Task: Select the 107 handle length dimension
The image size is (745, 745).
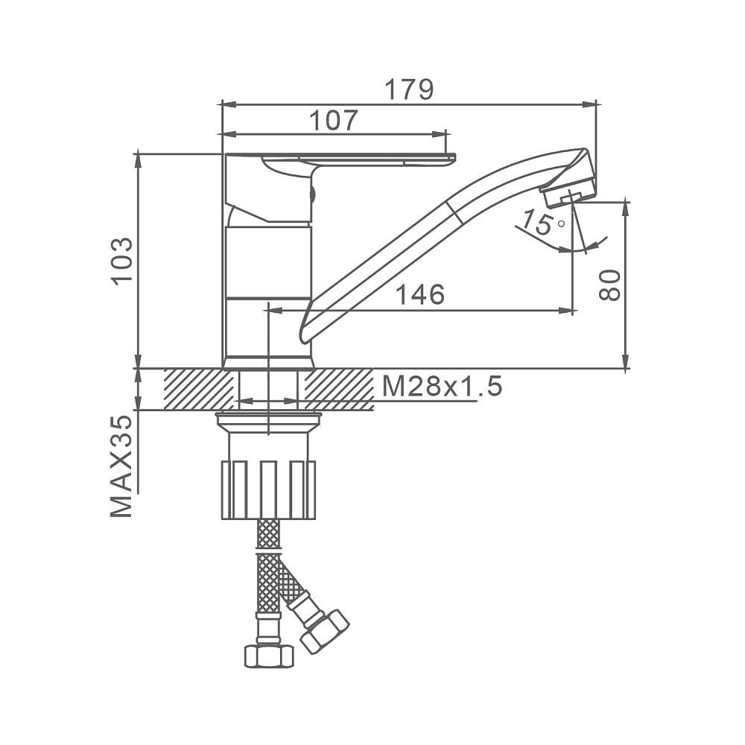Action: click(x=333, y=120)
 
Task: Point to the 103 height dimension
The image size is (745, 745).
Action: click(x=123, y=261)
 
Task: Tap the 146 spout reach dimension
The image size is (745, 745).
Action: click(x=420, y=294)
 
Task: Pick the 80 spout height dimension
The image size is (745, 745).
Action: click(x=609, y=285)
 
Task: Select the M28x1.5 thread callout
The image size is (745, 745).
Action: click(x=442, y=386)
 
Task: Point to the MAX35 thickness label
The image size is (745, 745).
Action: click(x=121, y=466)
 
